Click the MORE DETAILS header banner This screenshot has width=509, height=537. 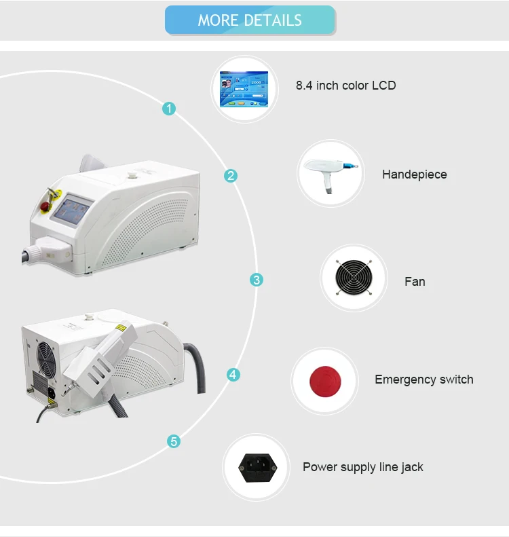pyautogui.click(x=250, y=20)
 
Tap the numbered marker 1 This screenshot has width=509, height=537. pyautogui.click(x=169, y=108)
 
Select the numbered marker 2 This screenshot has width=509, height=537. pyautogui.click(x=231, y=176)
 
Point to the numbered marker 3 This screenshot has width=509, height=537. pyautogui.click(x=256, y=280)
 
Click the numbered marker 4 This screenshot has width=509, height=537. pyautogui.click(x=233, y=374)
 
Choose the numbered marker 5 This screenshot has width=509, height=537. pyautogui.click(x=174, y=442)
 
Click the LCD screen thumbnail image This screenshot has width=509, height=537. pyautogui.click(x=244, y=89)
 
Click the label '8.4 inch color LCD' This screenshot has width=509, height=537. pyautogui.click(x=345, y=86)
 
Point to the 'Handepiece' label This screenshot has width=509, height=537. pyautogui.click(x=414, y=174)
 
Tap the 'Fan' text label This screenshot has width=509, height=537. pyautogui.click(x=415, y=281)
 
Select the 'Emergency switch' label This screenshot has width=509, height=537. pyautogui.click(x=423, y=379)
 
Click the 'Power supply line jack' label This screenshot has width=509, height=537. pyautogui.click(x=362, y=467)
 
